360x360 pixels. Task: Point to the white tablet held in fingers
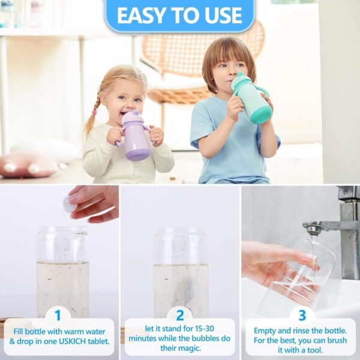(69, 205)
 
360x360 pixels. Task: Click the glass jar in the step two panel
(180, 270)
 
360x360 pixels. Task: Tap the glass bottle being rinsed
(300, 276)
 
